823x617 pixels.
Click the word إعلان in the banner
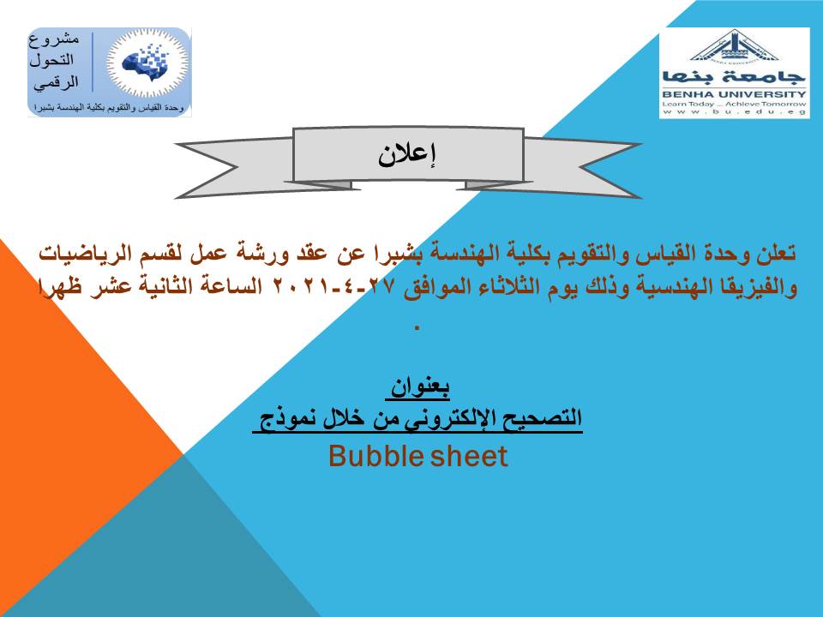coord(407,155)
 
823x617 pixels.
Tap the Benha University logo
coord(735,73)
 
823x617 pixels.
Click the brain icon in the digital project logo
coord(147,62)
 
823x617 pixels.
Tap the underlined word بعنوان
coord(420,387)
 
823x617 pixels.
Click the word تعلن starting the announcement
coord(776,254)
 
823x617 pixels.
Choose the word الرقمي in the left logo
coord(57,82)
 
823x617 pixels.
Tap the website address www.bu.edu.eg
coord(735,111)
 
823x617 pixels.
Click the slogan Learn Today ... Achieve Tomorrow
coord(735,104)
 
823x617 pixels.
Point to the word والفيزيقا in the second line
coord(761,287)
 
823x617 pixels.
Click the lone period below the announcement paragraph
coord(418,328)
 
